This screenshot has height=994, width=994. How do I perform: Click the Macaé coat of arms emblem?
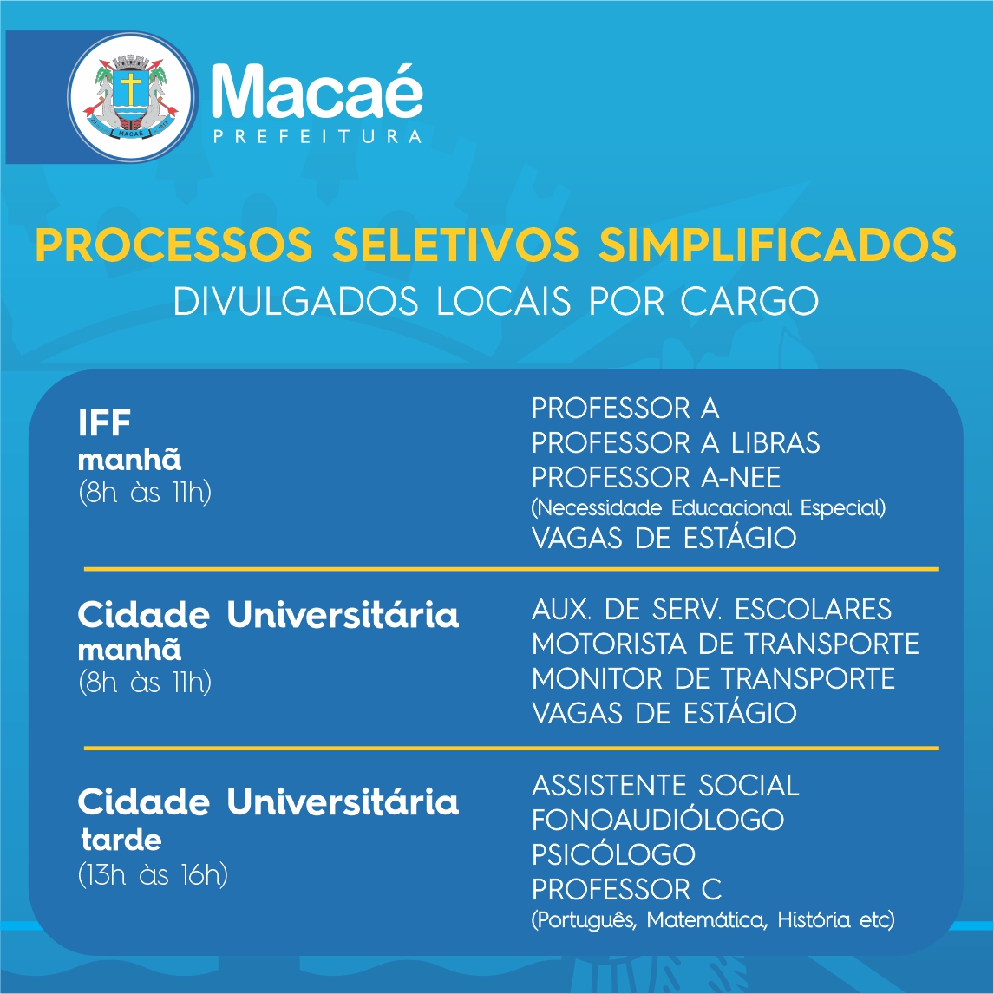(132, 97)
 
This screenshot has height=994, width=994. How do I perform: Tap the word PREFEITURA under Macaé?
(317, 137)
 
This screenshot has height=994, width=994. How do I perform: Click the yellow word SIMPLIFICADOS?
(777, 244)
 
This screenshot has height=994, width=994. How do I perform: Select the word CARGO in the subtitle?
(749, 301)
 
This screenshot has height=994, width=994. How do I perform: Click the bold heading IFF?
(104, 422)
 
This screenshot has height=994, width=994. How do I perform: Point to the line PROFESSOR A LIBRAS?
(676, 442)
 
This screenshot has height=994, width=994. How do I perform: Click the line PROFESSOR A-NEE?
(656, 477)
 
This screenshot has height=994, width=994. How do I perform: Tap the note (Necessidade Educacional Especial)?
(708, 507)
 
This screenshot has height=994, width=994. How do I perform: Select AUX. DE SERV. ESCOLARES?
(711, 609)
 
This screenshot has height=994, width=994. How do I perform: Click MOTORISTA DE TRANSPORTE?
(725, 644)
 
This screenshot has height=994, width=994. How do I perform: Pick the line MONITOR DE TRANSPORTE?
(713, 678)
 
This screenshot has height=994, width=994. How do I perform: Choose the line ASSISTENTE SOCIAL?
(665, 786)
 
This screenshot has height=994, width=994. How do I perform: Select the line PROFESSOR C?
(626, 889)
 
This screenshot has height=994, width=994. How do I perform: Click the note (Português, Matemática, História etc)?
(712, 919)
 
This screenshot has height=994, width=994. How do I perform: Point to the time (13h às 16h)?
(153, 875)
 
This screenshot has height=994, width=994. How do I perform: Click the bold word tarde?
(121, 840)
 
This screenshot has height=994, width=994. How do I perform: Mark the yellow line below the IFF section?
(511, 569)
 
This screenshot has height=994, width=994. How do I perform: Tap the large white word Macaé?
(317, 91)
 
